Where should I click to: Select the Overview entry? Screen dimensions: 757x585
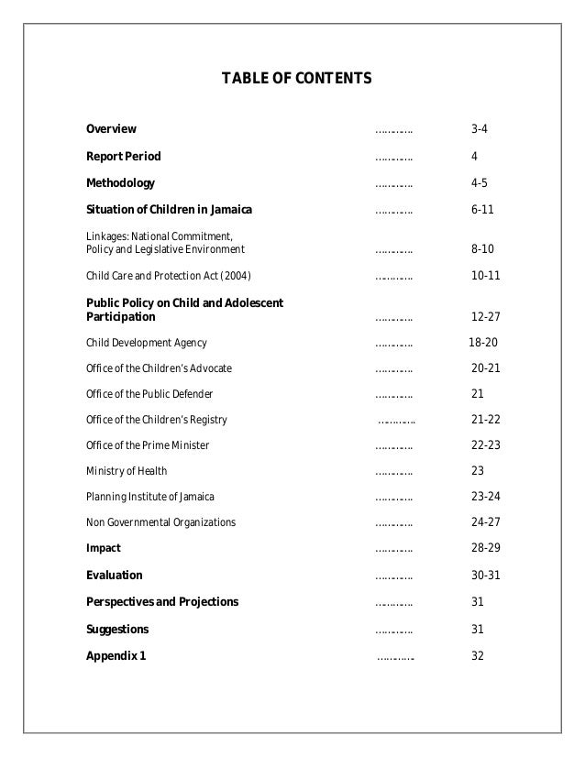(x=111, y=128)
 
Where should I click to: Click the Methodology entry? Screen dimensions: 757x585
(x=120, y=182)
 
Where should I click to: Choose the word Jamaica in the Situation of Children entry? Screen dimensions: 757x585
(x=228, y=210)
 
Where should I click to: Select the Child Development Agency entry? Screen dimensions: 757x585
(x=147, y=344)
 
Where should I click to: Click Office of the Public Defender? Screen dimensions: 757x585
(x=149, y=394)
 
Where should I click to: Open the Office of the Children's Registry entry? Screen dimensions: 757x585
(x=156, y=420)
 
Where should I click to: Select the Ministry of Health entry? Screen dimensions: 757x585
(x=127, y=471)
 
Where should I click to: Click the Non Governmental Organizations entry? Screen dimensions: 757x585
(x=160, y=522)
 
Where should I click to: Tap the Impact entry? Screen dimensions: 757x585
(x=103, y=548)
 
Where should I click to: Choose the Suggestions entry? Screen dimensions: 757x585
(x=117, y=630)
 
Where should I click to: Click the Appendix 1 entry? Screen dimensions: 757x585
(x=116, y=656)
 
